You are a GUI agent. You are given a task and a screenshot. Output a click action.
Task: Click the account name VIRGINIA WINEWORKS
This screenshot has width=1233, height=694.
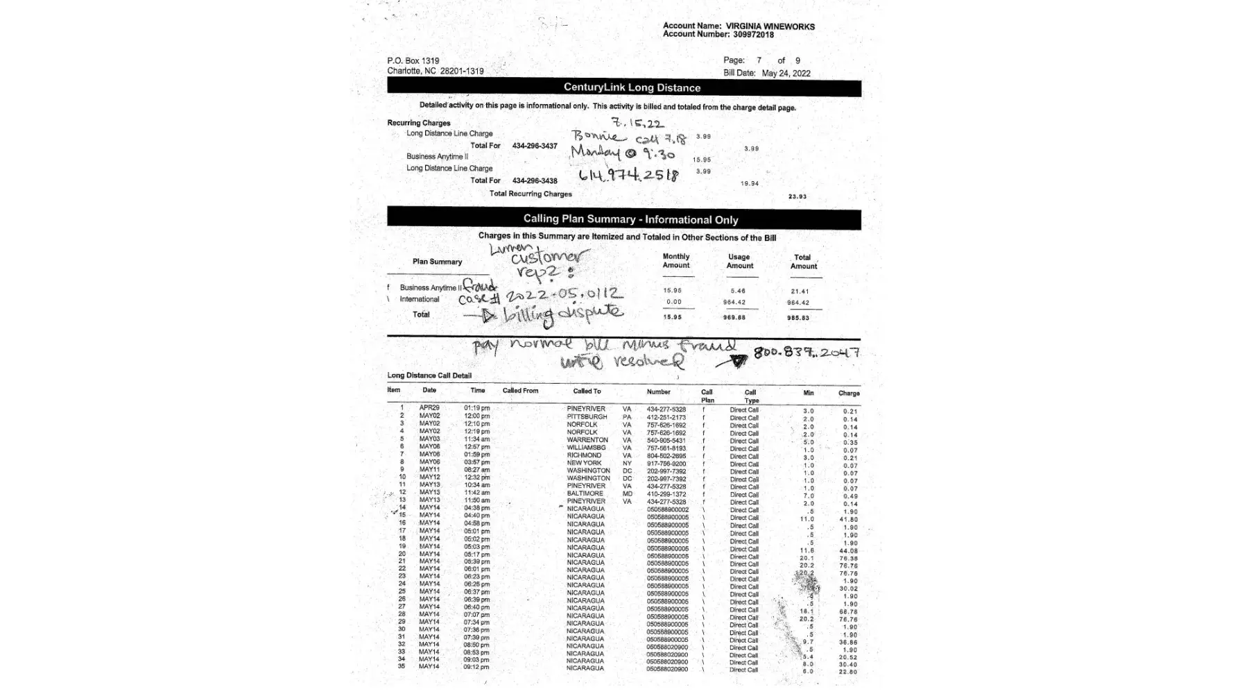tap(770, 26)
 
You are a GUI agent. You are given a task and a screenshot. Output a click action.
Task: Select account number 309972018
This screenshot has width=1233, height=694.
tap(753, 35)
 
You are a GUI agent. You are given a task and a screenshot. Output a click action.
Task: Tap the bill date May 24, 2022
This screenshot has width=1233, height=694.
tap(786, 73)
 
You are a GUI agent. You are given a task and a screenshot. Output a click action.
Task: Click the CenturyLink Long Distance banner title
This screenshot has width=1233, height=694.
tap(632, 87)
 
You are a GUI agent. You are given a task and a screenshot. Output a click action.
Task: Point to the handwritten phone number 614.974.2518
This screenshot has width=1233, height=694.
tap(629, 175)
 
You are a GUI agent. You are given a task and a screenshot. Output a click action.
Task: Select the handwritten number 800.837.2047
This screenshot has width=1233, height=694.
tap(807, 352)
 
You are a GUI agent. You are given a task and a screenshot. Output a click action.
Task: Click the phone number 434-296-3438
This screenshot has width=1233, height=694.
tap(535, 180)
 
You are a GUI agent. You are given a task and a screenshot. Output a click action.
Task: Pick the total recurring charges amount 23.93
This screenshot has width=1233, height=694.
tap(797, 196)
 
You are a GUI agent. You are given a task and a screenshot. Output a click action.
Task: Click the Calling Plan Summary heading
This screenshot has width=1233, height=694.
tap(630, 219)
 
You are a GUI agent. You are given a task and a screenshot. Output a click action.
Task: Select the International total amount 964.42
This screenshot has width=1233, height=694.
tap(797, 303)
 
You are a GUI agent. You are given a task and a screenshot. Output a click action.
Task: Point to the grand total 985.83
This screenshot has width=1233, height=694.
tap(797, 318)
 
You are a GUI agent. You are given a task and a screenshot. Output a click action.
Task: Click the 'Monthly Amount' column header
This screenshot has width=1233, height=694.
tap(675, 261)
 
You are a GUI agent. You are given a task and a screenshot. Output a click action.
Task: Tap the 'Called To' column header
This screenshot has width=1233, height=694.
tap(587, 391)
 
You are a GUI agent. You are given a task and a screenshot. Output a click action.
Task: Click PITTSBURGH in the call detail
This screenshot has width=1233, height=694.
tap(587, 417)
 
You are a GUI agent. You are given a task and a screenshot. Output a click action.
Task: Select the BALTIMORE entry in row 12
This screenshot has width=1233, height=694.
tap(585, 493)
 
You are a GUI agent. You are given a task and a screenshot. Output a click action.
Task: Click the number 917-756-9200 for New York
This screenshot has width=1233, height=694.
tap(666, 464)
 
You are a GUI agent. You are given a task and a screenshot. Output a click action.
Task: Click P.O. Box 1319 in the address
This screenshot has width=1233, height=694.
tap(413, 61)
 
